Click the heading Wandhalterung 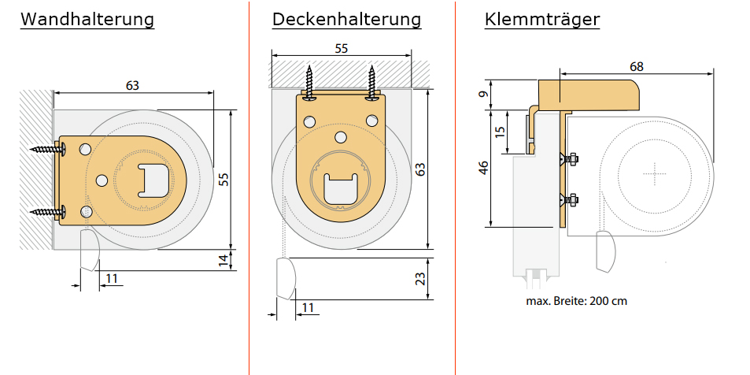87,19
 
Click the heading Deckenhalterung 347,19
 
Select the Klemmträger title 542,19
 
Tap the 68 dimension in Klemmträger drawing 637,66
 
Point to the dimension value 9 485,94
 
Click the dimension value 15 500,132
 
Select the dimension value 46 483,168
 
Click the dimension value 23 419,279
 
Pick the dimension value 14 224,260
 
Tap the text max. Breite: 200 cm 576,301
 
